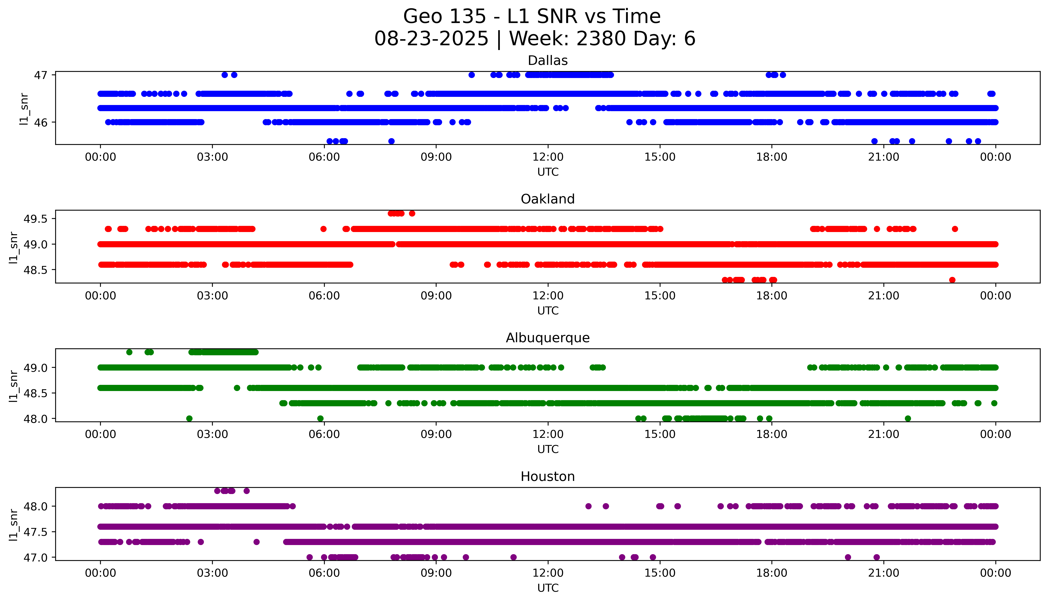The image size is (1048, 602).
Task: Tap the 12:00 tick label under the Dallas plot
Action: [548, 157]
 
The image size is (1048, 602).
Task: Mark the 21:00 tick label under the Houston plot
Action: [883, 573]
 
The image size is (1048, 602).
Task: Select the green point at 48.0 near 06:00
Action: [320, 418]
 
